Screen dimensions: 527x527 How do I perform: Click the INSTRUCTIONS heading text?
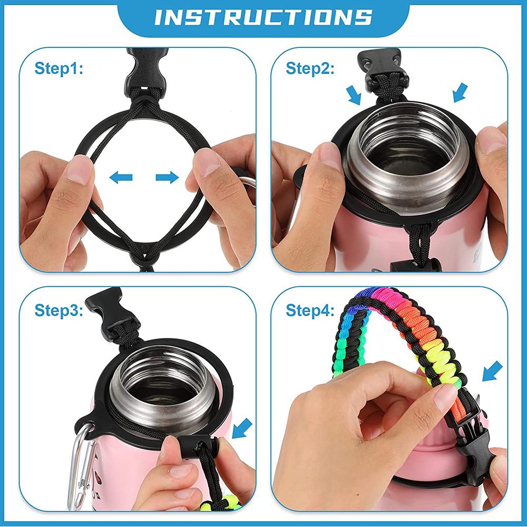(263, 17)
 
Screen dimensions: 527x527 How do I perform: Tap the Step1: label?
(59, 69)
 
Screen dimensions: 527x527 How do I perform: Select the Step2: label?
(310, 69)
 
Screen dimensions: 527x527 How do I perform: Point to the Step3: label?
(59, 310)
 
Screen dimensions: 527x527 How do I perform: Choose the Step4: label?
(310, 310)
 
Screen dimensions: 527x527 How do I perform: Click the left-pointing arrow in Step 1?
(121, 177)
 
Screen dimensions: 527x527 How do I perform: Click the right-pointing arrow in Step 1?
(167, 177)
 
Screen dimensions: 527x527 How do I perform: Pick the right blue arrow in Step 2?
(460, 92)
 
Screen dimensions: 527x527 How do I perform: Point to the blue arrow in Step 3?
(242, 428)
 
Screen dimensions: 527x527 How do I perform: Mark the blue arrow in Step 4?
(492, 371)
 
